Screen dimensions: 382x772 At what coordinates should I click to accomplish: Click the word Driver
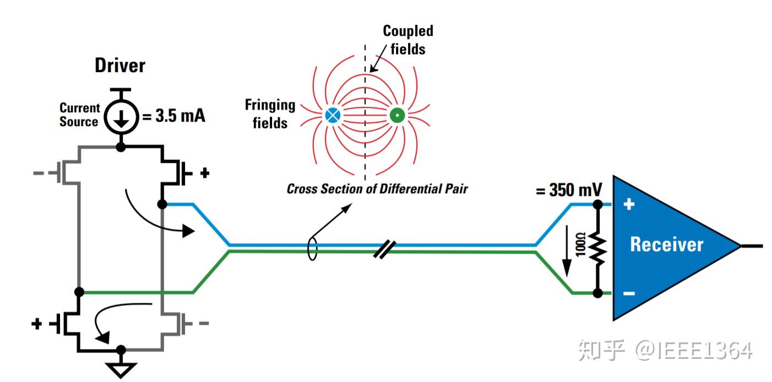tap(120, 66)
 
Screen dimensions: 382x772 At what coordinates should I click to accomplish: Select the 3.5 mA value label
tap(175, 116)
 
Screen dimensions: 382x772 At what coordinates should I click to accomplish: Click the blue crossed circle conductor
tap(332, 116)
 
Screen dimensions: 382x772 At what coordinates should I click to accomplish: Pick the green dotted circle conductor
tap(396, 116)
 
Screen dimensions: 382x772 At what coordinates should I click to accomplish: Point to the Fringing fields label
tap(270, 114)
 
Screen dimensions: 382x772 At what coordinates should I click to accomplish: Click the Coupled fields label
tap(408, 40)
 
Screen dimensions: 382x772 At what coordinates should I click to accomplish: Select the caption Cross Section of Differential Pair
tap(377, 189)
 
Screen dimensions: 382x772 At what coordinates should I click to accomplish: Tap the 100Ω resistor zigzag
tap(597, 248)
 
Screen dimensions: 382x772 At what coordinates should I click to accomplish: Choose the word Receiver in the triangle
tap(666, 244)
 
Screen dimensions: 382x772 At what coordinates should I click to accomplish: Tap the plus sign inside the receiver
tap(629, 205)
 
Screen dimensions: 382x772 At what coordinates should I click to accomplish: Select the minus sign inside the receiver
tap(629, 293)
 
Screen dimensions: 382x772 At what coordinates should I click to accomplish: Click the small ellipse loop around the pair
tap(312, 248)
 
